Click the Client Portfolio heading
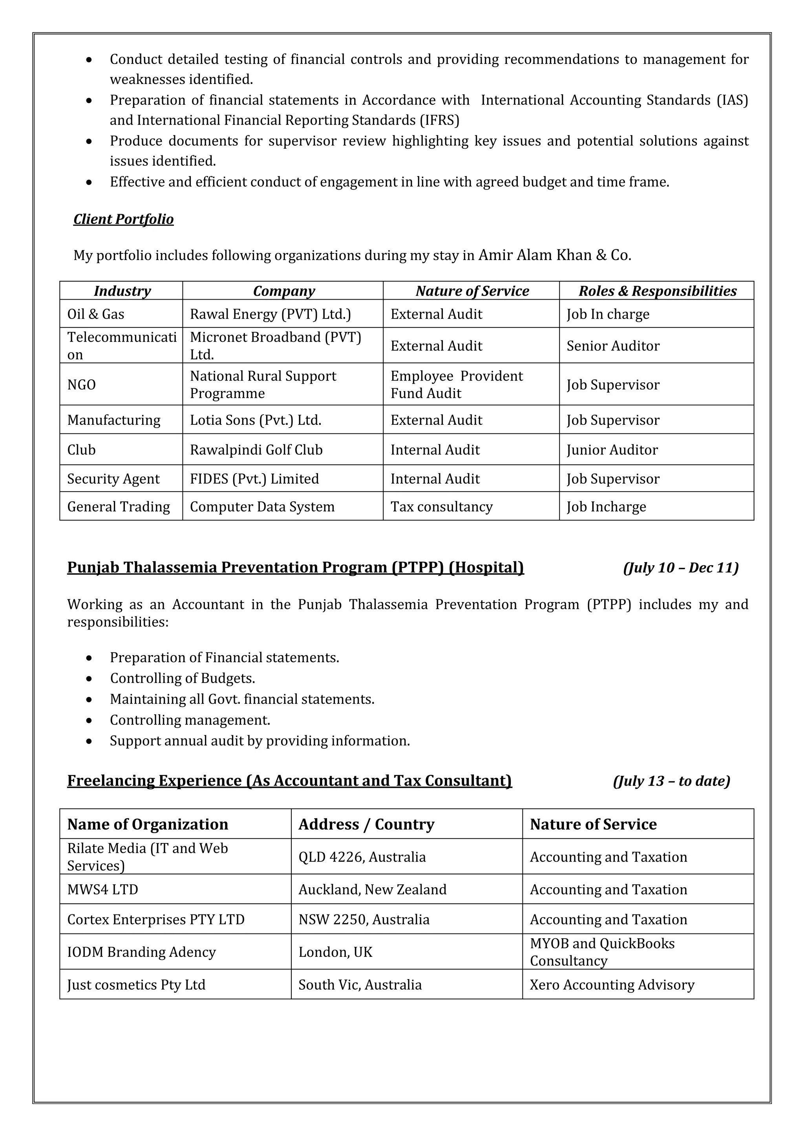tap(123, 219)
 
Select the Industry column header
tap(122, 291)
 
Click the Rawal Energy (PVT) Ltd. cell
tap(270, 314)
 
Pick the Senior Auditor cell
tap(613, 346)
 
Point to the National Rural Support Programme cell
tap(263, 384)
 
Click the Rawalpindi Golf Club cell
tap(256, 450)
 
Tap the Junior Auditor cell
tap(612, 450)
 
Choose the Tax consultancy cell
tap(441, 507)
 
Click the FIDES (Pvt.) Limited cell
tap(254, 479)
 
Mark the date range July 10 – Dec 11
tap(681, 568)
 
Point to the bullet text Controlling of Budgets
tap(182, 678)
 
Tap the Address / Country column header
tap(366, 824)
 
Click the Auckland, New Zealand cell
tap(372, 890)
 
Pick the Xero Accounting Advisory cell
tap(612, 985)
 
